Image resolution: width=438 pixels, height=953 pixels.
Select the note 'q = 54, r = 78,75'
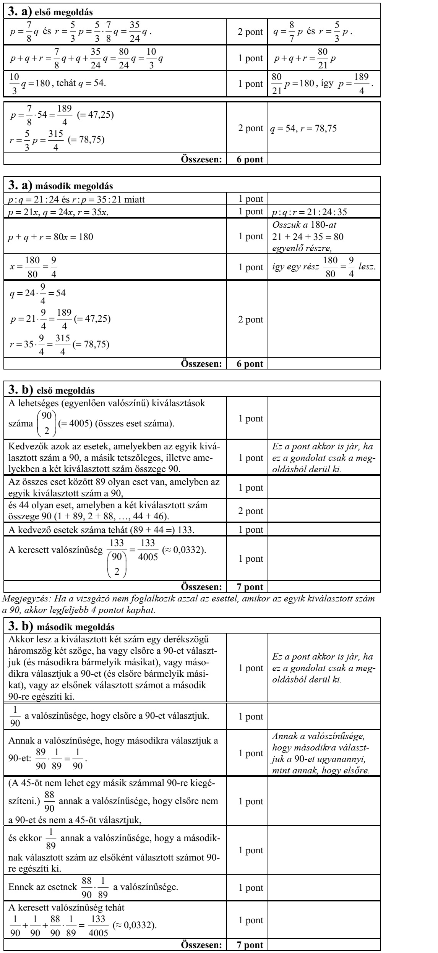(x=304, y=129)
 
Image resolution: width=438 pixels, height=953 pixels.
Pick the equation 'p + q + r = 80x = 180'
(x=52, y=237)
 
